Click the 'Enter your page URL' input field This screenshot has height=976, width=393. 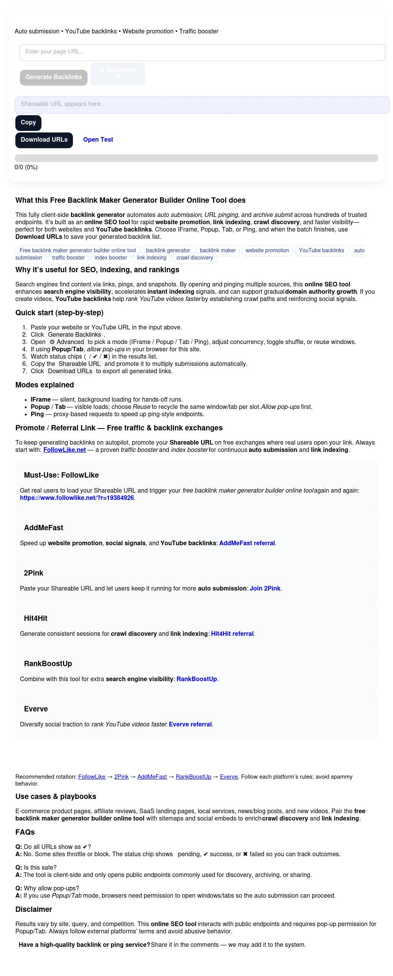point(202,52)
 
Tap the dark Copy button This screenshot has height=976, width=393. point(28,122)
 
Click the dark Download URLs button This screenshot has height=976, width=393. point(44,140)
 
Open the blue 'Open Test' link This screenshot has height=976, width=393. point(98,140)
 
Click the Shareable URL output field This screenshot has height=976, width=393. point(202,104)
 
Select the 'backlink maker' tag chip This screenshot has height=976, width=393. point(218,250)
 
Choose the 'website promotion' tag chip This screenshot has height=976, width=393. point(267,250)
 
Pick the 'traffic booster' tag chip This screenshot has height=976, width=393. point(68,258)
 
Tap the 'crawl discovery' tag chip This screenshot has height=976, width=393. point(195,258)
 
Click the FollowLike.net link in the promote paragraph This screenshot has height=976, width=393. point(64,450)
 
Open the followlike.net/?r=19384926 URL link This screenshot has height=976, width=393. point(77,498)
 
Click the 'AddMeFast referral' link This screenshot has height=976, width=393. point(247,543)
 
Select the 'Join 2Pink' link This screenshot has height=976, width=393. point(265,588)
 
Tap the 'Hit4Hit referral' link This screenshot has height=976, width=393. point(232,634)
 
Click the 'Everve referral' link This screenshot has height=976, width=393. point(190,724)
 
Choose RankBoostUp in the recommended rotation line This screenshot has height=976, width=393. point(193,777)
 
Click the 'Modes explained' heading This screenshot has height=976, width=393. point(45,385)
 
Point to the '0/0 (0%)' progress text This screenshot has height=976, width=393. point(26,167)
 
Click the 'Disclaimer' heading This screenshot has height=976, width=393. point(34,909)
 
